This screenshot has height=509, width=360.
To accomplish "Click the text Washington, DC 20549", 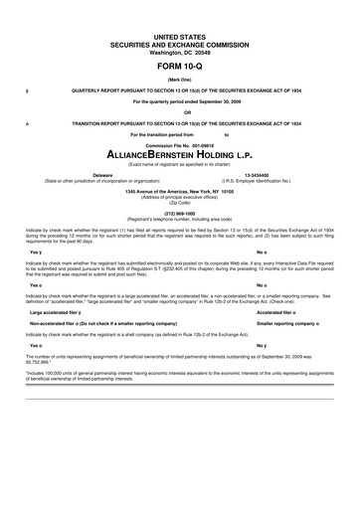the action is (x=180, y=50).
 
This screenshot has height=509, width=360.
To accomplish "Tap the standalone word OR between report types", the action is (x=180, y=110).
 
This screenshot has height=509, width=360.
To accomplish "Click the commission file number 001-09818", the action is (x=200, y=144).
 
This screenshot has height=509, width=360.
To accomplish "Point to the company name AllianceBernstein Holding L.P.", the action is (x=180, y=156).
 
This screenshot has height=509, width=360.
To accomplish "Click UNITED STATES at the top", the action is (x=180, y=34).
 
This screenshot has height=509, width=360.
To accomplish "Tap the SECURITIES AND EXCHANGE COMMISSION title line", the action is (x=180, y=42).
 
